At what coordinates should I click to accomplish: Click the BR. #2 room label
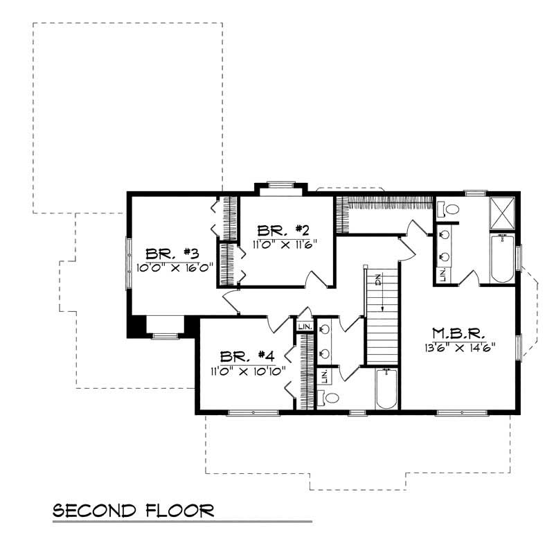click(283, 231)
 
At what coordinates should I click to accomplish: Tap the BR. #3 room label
click(172, 254)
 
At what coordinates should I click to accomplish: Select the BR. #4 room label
click(247, 356)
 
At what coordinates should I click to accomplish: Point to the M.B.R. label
click(458, 333)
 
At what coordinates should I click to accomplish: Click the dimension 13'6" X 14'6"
click(460, 348)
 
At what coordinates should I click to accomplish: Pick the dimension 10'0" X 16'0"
click(175, 267)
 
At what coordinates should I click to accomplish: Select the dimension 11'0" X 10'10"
click(249, 371)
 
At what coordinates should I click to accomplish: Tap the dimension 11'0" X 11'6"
click(285, 245)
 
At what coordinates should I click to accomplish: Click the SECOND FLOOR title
click(134, 510)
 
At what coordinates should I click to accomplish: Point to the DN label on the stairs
click(378, 279)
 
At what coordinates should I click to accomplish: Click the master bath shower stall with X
click(501, 213)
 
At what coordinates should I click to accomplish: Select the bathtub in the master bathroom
click(503, 258)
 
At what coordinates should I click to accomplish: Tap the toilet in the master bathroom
click(448, 209)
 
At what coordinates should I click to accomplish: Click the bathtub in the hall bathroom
click(386, 389)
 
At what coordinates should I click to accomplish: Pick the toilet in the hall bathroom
click(328, 398)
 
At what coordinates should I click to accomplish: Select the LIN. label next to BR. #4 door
click(305, 327)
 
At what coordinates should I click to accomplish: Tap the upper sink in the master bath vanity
click(445, 234)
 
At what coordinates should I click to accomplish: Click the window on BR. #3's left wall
click(129, 263)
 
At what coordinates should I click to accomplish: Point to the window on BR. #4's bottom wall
click(253, 413)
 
